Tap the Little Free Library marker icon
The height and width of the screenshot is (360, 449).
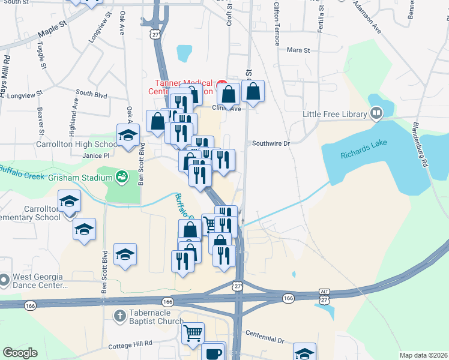coord(376,112)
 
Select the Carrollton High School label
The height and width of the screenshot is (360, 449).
coord(77,144)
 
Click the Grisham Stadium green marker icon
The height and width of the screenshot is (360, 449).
coord(122,176)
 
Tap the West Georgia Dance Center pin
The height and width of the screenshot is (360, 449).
coord(4,281)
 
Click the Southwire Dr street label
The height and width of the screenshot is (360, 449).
coord(271,143)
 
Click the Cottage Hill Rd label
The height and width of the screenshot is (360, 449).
coord(131,346)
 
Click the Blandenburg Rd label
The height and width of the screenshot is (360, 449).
coord(420,145)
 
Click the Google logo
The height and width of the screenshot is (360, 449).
coord(20,353)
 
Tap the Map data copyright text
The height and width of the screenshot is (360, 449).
coord(423,355)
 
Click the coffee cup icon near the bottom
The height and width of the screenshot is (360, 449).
coord(213,353)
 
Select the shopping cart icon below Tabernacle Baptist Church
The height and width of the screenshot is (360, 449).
coord(193,332)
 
